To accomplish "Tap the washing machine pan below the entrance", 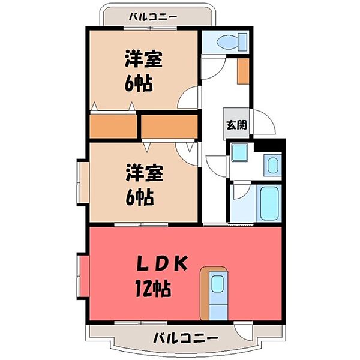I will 239,154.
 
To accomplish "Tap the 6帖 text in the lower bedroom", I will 139,196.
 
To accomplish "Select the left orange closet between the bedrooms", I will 113,126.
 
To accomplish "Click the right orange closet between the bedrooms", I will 169,126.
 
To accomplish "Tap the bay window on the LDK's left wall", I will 83,277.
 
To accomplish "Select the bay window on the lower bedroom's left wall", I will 82,182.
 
